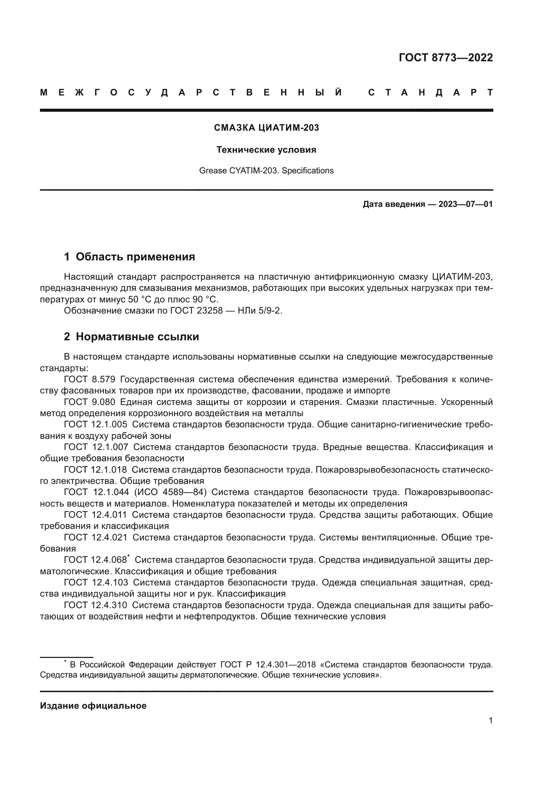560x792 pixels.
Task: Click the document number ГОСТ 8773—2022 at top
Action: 446,57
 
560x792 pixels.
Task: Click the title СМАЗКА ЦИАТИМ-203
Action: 266,128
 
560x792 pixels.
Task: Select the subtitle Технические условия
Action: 266,150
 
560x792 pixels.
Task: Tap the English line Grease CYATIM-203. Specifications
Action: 266,170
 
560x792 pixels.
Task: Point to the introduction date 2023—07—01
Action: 465,204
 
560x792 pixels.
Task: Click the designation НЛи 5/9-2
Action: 260,311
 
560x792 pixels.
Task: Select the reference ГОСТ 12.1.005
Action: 95,425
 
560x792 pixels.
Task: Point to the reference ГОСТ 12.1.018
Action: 95,470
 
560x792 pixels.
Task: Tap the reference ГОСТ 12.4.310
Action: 95,605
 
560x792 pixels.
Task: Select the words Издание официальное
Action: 93,706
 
